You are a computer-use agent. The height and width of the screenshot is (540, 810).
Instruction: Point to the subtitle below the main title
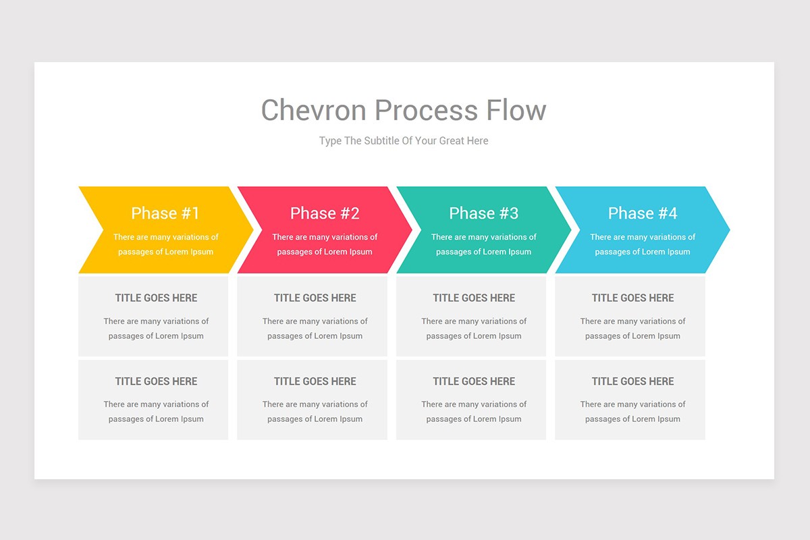coord(404,141)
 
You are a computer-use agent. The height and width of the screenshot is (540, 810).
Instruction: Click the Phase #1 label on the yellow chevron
coord(165,213)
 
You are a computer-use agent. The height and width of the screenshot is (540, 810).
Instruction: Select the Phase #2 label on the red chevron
coord(325,213)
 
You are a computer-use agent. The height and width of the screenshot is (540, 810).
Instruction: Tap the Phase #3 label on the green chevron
coord(483,213)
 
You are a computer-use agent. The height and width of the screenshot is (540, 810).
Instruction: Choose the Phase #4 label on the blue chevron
coord(643,213)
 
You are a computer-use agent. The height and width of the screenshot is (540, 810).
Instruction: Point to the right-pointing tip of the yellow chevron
coord(248,230)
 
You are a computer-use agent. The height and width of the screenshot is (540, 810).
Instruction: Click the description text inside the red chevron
coord(325,244)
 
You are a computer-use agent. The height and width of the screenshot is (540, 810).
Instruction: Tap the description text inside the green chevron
coord(483,244)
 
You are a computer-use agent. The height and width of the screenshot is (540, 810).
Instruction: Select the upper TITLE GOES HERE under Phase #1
coord(156,298)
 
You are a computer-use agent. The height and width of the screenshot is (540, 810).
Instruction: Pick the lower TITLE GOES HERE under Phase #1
coord(156,381)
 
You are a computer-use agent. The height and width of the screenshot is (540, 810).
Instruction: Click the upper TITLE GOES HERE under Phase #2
coord(315,298)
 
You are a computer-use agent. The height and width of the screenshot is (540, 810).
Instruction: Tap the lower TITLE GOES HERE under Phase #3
coord(474,381)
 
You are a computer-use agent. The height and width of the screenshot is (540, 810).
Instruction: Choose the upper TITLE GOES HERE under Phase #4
coord(632,298)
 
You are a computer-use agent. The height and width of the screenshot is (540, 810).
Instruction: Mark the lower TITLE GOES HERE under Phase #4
coord(632,381)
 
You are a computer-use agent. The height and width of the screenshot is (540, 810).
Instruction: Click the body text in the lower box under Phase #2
coord(315,412)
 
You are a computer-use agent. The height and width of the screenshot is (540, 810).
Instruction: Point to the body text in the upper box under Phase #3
coord(474,329)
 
